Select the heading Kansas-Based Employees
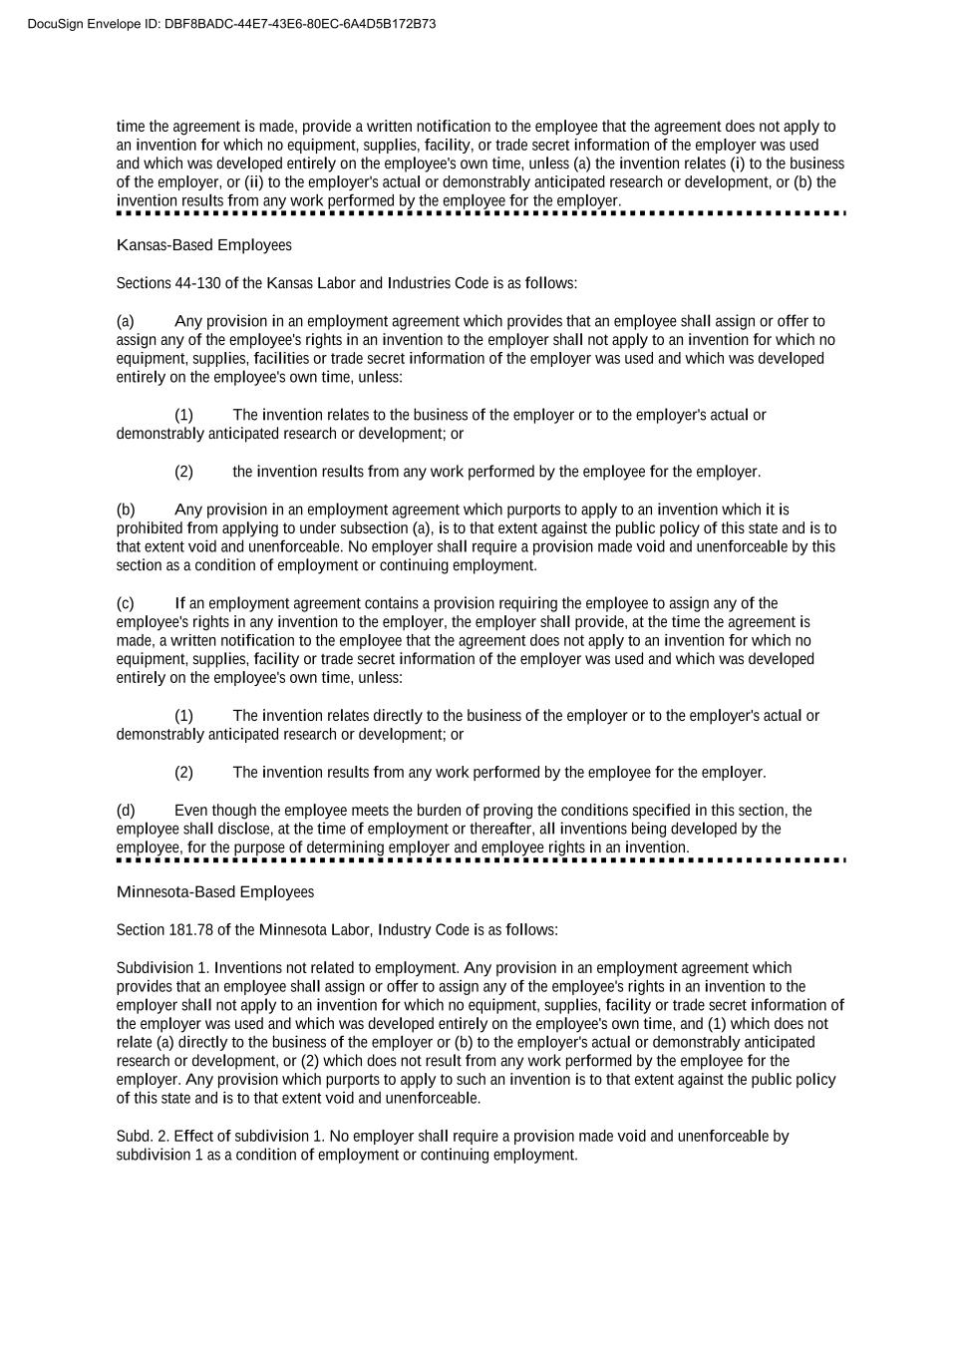tap(204, 245)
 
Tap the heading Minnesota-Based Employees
tap(215, 892)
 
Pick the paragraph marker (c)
tap(126, 603)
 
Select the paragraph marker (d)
tap(126, 811)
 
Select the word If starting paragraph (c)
tap(179, 603)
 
